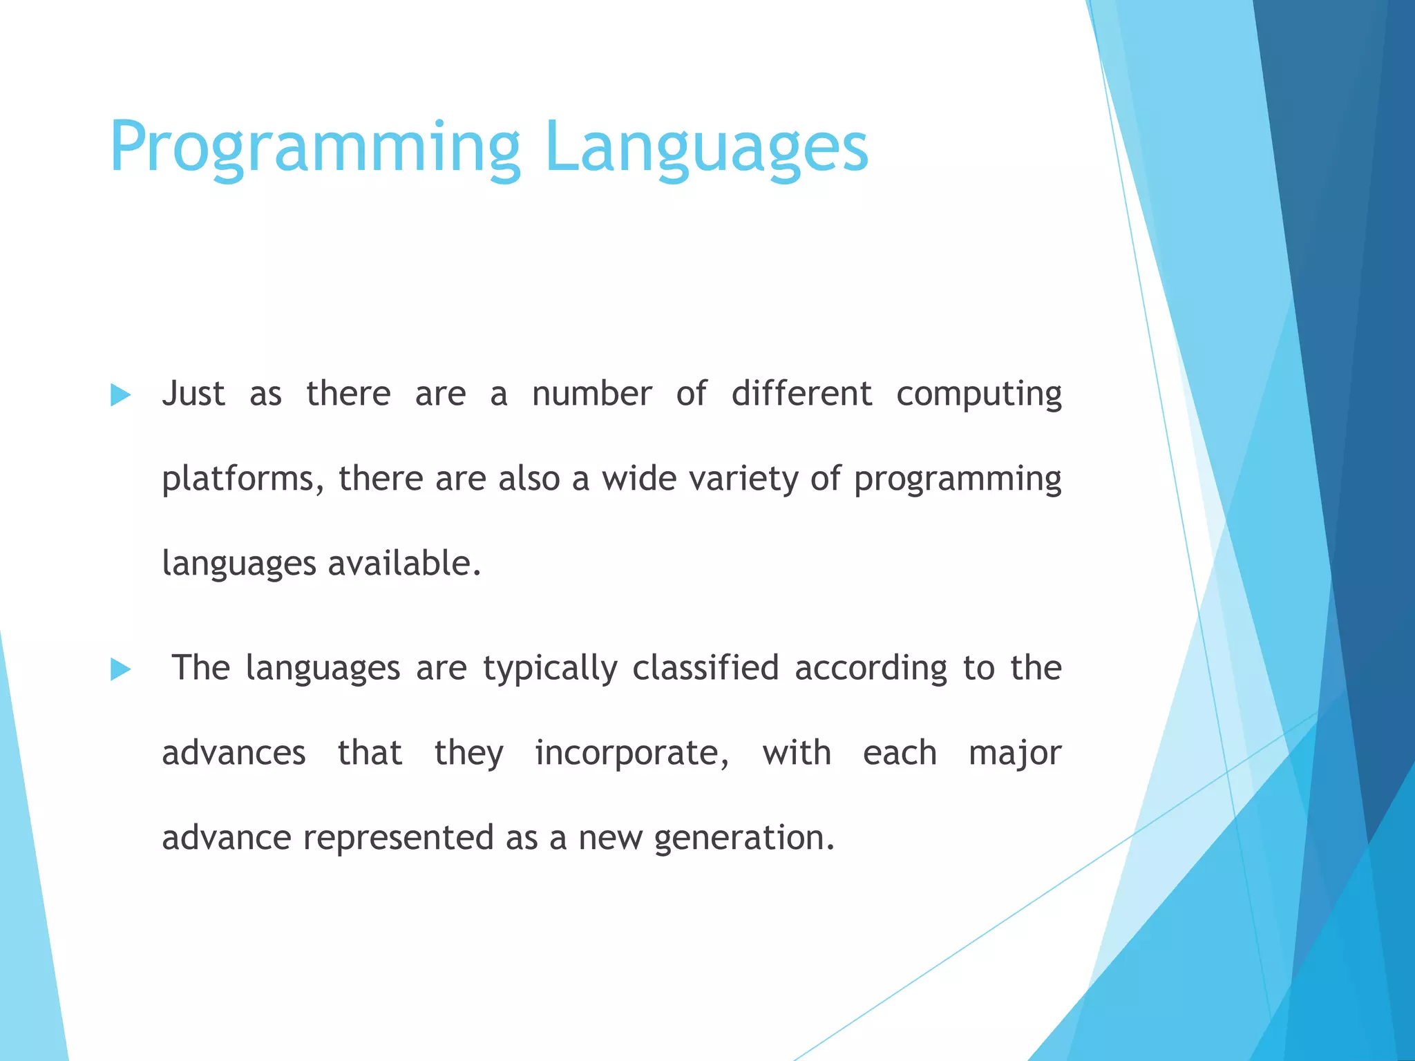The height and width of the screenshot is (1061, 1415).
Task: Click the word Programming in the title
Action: click(314, 148)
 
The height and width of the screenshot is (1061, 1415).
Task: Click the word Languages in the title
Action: click(705, 148)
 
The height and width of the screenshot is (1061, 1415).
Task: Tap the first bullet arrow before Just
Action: click(120, 396)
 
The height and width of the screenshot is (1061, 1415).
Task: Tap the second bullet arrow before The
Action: click(120, 669)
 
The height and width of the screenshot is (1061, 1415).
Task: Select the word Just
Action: click(193, 394)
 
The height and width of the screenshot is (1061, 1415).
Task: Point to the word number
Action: click(591, 394)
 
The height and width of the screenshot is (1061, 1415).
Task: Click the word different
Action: click(801, 394)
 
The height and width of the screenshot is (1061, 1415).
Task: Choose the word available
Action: click(404, 564)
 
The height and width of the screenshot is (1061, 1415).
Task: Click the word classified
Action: click(705, 669)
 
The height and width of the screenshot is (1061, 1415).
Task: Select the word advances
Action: click(234, 754)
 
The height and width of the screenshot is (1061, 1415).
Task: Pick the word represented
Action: click(398, 839)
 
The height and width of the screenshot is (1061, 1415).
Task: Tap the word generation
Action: click(744, 839)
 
